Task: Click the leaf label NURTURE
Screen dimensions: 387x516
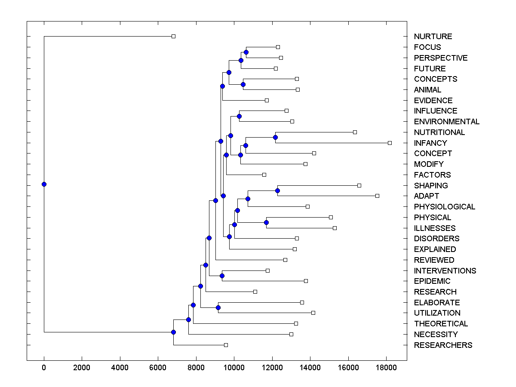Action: pos(433,37)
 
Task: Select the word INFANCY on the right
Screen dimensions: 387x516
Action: pos(430,143)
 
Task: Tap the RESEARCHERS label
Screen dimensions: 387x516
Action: pos(443,345)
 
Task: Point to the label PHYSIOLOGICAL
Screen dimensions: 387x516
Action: pos(445,207)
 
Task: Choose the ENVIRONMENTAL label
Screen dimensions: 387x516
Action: pos(447,122)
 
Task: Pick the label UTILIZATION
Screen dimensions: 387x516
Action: pos(437,313)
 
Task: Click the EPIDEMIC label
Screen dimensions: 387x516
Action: pos(432,281)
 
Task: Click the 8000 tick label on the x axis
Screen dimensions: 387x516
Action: pos(196,368)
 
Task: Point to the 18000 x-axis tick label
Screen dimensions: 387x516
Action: pos(386,368)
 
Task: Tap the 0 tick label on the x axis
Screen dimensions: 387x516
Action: pos(44,368)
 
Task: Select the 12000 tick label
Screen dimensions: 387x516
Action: pos(272,368)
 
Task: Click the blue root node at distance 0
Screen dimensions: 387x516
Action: pos(44,184)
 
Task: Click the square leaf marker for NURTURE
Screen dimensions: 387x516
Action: pos(174,36)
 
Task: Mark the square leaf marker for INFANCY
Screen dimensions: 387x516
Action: pos(390,143)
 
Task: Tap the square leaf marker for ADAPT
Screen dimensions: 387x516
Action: pos(377,196)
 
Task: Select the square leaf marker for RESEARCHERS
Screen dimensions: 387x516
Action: pos(226,345)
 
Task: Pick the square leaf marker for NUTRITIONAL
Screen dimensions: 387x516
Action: pos(355,132)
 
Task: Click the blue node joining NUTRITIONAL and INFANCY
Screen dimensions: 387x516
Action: pos(275,137)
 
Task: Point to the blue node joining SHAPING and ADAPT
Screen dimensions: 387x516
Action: pos(277,190)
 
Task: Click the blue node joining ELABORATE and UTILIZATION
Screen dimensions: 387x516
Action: pos(218,307)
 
